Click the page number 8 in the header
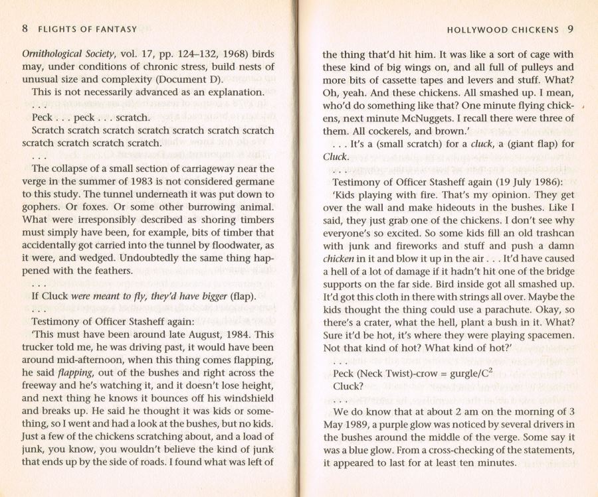point(25,29)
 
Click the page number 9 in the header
point(571,29)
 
